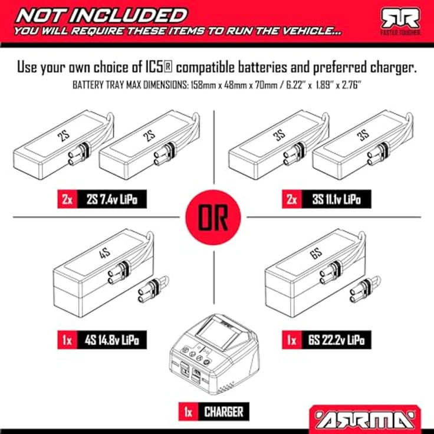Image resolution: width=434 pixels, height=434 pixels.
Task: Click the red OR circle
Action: pos(213,217)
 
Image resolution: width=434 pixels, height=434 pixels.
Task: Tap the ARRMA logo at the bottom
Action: pos(365,419)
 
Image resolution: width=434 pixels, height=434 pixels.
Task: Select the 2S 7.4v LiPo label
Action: pos(112,199)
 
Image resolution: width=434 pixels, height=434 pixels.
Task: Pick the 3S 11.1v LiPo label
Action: pos(337,199)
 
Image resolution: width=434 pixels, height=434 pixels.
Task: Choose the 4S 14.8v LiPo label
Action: pos(112,340)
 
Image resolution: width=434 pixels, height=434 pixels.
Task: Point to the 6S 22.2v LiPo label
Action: pos(337,340)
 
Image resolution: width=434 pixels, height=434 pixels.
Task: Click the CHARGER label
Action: pos(223,412)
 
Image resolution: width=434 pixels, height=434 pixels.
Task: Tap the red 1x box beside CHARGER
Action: pos(189,412)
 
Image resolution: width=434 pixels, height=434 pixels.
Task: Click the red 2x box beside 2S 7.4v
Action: pos(68,199)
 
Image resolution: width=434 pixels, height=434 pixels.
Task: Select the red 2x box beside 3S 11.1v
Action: pos(292,199)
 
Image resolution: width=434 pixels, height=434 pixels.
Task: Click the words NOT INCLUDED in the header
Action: pos(101,15)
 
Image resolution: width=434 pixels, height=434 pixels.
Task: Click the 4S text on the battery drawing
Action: pos(104,253)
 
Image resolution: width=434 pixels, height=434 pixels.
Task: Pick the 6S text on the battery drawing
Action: pos(316,253)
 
